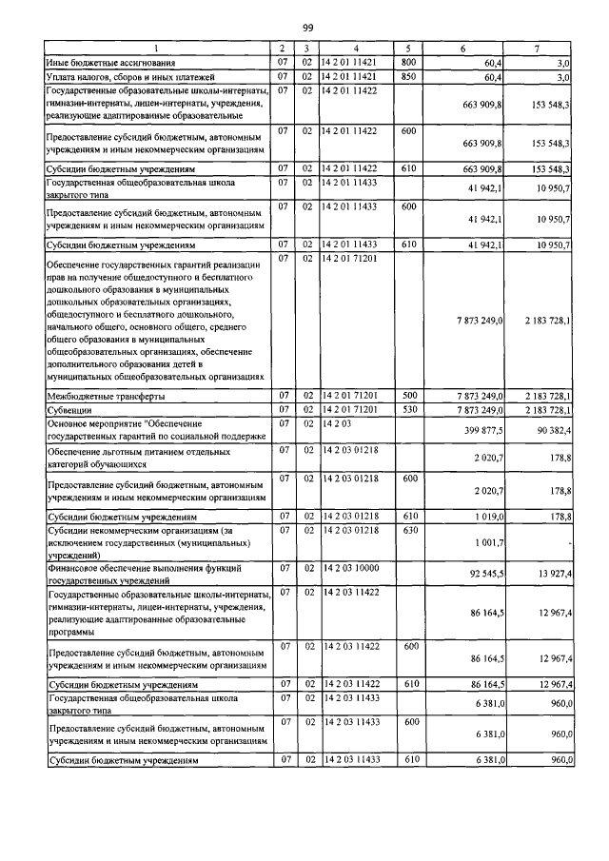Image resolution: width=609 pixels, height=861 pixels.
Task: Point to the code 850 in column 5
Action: pyautogui.click(x=409, y=76)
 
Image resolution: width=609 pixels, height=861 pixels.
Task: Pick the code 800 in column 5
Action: pyautogui.click(x=409, y=62)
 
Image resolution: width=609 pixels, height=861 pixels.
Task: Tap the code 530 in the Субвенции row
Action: pyautogui.click(x=409, y=410)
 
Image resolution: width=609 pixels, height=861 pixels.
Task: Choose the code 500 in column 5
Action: pyautogui.click(x=409, y=395)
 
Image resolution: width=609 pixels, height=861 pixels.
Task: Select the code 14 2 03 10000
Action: pyautogui.click(x=351, y=567)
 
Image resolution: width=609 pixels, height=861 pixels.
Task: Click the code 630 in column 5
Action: pyautogui.click(x=409, y=530)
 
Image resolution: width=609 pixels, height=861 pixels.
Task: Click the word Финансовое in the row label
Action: pyautogui.click(x=76, y=567)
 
